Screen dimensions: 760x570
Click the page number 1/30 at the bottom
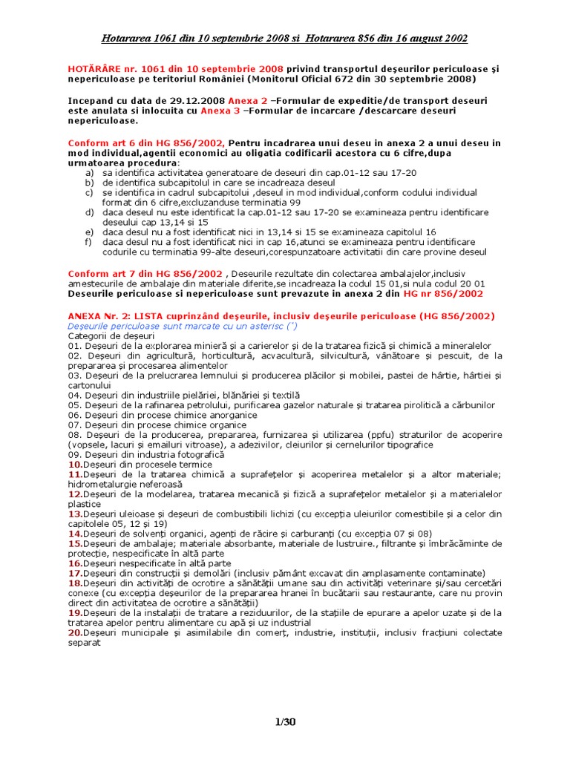[285, 721]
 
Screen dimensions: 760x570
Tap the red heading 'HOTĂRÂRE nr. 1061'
[114, 68]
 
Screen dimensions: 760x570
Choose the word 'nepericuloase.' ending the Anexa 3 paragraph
[102, 121]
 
